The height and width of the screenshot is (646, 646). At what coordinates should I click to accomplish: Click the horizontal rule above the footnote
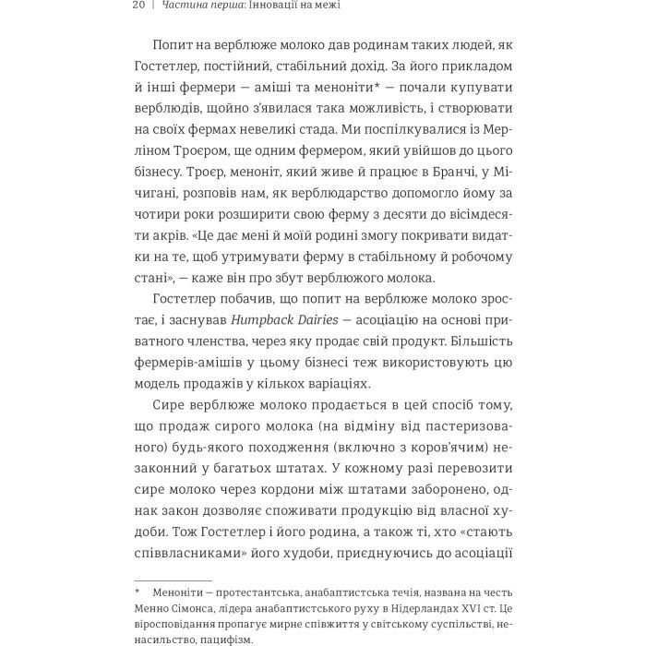pos(173,580)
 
